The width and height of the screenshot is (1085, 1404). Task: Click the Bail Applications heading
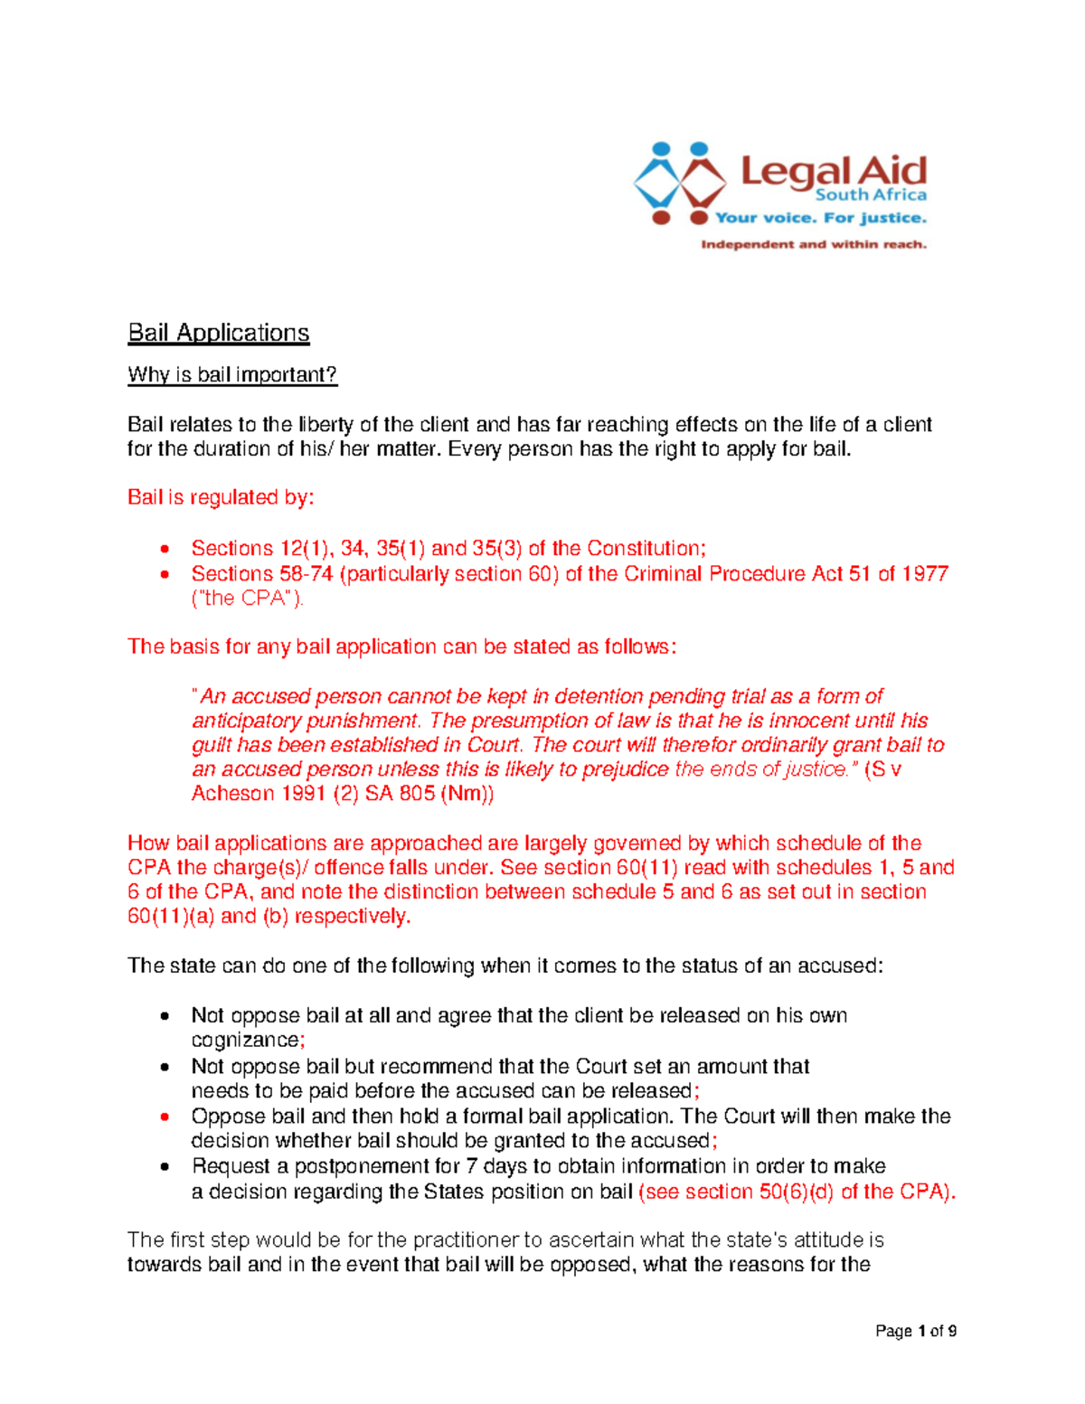coord(219,333)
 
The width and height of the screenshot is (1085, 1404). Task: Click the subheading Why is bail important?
coord(232,374)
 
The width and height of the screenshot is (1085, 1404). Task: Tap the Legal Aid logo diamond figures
coord(680,183)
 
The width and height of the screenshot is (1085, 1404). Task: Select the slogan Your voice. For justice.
coord(820,218)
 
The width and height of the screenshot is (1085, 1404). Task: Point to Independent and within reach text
coord(814,244)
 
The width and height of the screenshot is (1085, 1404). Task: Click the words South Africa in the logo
coord(871,194)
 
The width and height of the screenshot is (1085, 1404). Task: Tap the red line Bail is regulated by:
coord(221,497)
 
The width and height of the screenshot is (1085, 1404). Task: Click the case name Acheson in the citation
coord(232,794)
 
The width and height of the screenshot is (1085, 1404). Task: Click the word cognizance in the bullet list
coord(245,1041)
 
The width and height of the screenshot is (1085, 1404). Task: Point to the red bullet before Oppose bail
coord(165,1117)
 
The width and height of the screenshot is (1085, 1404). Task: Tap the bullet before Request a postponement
coord(165,1166)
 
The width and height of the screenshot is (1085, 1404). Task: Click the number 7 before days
coord(471,1166)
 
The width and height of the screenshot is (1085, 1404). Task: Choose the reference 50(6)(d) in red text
coord(797,1192)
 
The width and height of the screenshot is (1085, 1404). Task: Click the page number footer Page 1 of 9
coord(916,1331)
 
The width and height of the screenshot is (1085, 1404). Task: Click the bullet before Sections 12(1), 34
coord(165,549)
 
